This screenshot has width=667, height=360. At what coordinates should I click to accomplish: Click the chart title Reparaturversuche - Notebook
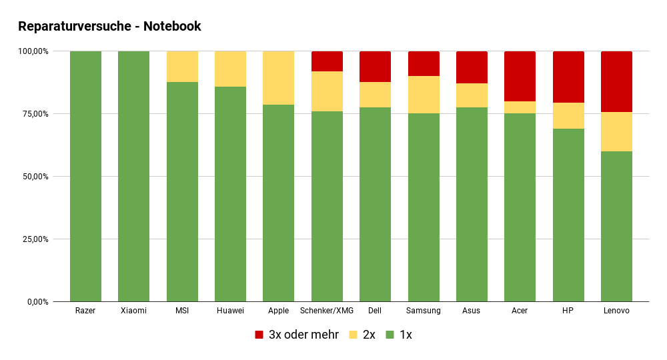[109, 27]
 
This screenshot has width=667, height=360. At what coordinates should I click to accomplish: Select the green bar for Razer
[85, 177]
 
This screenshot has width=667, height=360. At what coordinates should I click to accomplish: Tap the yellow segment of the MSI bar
[182, 67]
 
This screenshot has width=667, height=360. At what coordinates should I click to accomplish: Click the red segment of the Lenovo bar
[616, 81]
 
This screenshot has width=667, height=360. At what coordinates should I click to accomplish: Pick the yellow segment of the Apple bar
[278, 78]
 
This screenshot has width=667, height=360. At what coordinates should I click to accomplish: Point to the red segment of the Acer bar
[520, 76]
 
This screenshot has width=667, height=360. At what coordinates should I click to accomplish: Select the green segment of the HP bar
[568, 215]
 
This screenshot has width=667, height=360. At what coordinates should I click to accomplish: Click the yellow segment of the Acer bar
[520, 107]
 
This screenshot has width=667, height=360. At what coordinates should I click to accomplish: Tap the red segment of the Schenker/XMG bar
[327, 61]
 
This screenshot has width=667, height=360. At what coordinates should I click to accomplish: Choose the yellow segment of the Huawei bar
[230, 69]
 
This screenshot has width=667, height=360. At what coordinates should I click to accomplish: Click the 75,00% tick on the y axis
[33, 114]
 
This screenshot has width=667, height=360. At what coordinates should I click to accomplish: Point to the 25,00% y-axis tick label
[33, 239]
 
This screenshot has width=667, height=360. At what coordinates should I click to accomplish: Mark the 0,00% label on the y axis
[36, 302]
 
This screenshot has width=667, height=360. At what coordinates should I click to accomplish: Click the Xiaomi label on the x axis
[133, 311]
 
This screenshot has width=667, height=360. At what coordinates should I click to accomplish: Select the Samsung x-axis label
[424, 311]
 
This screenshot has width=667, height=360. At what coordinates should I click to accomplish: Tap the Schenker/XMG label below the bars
[327, 311]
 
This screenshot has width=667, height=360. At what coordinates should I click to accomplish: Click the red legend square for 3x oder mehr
[259, 335]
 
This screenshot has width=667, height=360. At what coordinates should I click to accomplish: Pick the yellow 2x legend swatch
[354, 335]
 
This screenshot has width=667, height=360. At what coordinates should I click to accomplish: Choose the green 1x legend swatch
[390, 335]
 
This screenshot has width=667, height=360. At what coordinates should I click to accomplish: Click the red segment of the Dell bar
[375, 67]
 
